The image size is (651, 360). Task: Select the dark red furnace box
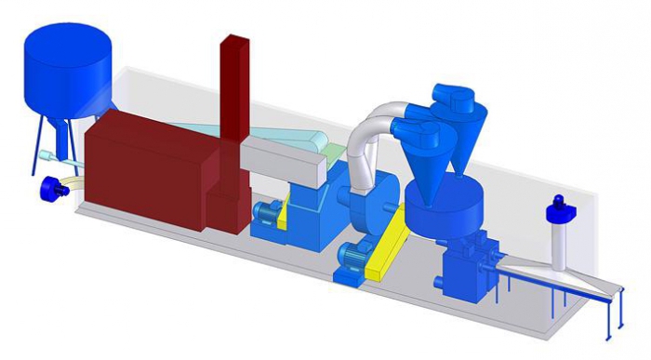pos(149,167)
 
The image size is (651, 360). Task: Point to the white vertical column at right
pos(560,247)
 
